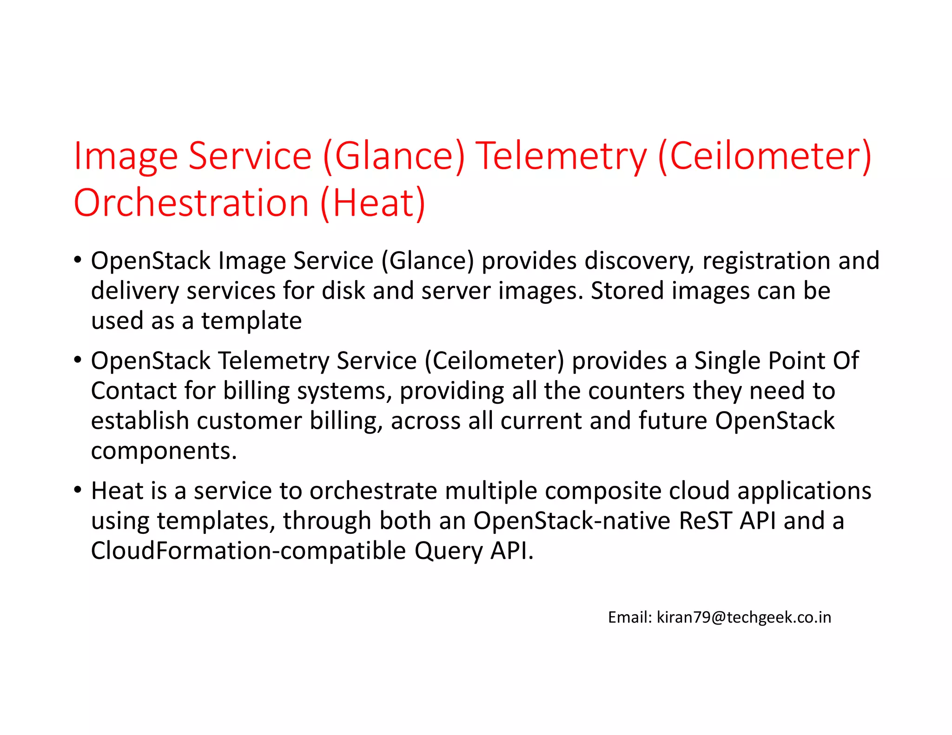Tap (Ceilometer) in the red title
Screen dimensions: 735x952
tap(765, 156)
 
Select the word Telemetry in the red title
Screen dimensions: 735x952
tap(561, 156)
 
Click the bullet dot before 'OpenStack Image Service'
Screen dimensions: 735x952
tap(78, 259)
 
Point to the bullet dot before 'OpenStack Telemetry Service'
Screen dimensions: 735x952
tap(78, 360)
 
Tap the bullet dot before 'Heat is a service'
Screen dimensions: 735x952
tap(78, 490)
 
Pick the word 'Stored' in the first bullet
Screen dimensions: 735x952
tap(627, 291)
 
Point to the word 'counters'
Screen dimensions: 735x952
tap(636, 391)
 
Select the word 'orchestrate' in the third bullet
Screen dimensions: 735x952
tap(373, 491)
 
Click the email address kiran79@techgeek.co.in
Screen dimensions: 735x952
tap(743, 617)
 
